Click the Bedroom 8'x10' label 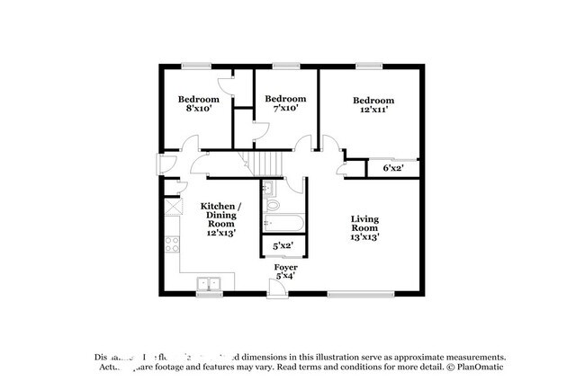coord(198,103)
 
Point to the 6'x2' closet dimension coord(393,167)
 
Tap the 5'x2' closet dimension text coord(283,244)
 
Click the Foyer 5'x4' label coord(286,272)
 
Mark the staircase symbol coord(265,163)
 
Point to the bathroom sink coord(268,188)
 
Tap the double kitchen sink coord(211,284)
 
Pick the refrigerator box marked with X coord(171,207)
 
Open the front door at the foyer coord(278,287)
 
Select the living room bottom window coord(360,293)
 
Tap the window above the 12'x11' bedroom coord(368,65)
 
